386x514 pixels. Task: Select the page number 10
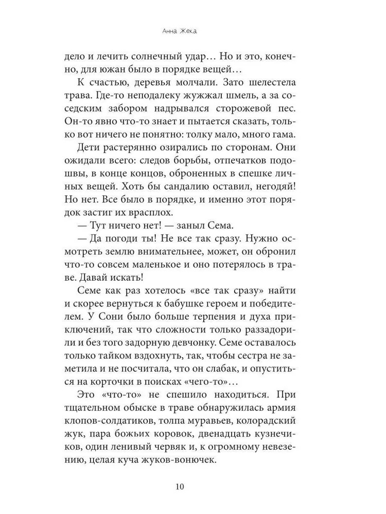point(192,487)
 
